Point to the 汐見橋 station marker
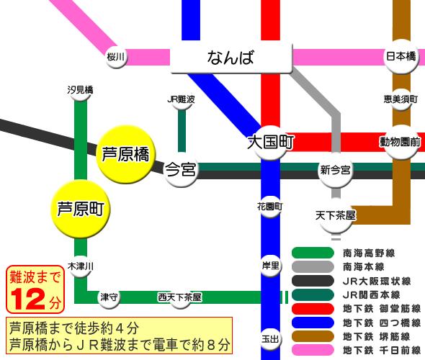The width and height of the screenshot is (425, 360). point(80,91)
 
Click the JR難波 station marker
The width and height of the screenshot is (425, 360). point(181,99)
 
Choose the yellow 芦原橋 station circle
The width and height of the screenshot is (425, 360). point(125,155)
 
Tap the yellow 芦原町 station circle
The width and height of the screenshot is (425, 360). point(83,209)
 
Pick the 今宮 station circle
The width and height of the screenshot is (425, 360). point(181,171)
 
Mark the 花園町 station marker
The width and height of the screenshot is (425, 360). point(270,206)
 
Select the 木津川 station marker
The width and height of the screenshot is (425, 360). point(81,266)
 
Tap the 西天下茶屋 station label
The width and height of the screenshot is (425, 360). point(179,297)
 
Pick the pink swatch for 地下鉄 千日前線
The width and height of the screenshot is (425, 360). point(313,351)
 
